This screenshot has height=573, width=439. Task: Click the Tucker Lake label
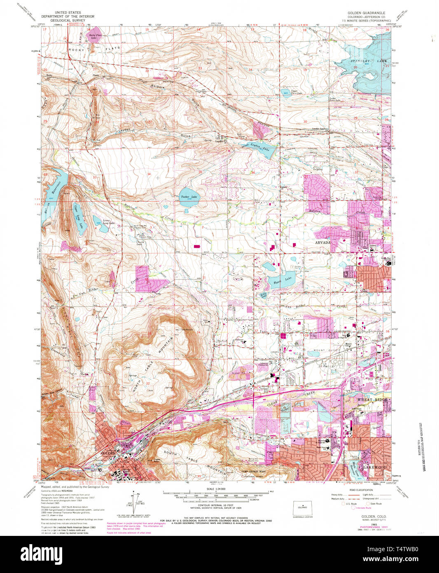point(189,197)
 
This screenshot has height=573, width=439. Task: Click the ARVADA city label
point(324,243)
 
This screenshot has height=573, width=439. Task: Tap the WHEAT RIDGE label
point(370,400)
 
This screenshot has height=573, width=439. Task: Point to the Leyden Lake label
point(255,146)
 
